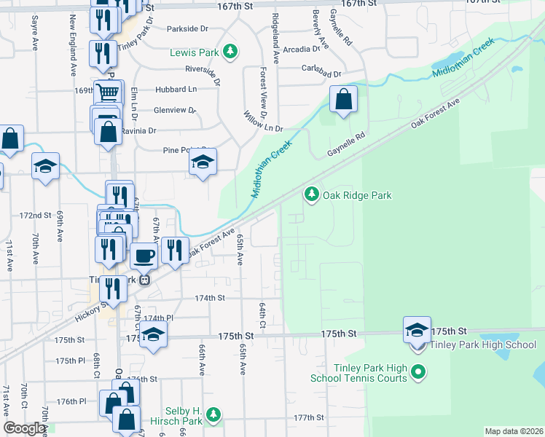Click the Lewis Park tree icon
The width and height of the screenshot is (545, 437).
click(x=230, y=51)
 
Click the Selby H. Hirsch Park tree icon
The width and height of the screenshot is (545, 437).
click(x=213, y=415)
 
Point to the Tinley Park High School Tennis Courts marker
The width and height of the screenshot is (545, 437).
click(x=417, y=374)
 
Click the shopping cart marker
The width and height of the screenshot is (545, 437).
click(x=107, y=92)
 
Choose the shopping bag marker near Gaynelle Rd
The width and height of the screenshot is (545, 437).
click(x=343, y=99)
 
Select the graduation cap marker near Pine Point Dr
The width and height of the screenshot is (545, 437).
click(x=203, y=163)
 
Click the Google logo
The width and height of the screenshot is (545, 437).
click(x=24, y=428)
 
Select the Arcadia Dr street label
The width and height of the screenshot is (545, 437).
click(x=302, y=50)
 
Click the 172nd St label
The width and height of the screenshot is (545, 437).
click(x=36, y=216)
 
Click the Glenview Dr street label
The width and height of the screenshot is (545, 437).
click(x=175, y=111)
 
